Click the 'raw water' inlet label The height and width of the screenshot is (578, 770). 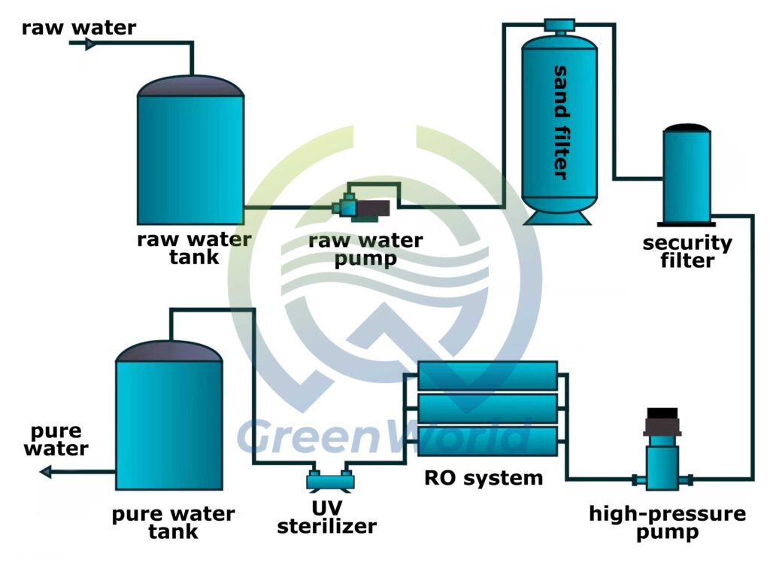(x=79, y=28)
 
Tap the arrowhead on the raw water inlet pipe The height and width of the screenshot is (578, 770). (x=90, y=44)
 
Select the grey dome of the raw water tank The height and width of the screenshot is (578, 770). (x=191, y=86)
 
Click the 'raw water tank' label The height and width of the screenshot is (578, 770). (x=194, y=248)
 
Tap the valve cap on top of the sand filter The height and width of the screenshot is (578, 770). (x=559, y=26)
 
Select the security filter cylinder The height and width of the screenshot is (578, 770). (x=686, y=178)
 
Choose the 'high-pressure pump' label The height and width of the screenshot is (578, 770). (x=667, y=522)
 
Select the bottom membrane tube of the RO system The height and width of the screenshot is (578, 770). (x=487, y=440)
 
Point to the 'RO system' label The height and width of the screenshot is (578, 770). (x=484, y=477)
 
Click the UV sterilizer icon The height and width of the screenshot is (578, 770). (x=331, y=478)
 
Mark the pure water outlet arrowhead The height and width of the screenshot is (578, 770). (x=46, y=472)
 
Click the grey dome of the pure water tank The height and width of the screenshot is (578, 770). (x=169, y=350)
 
